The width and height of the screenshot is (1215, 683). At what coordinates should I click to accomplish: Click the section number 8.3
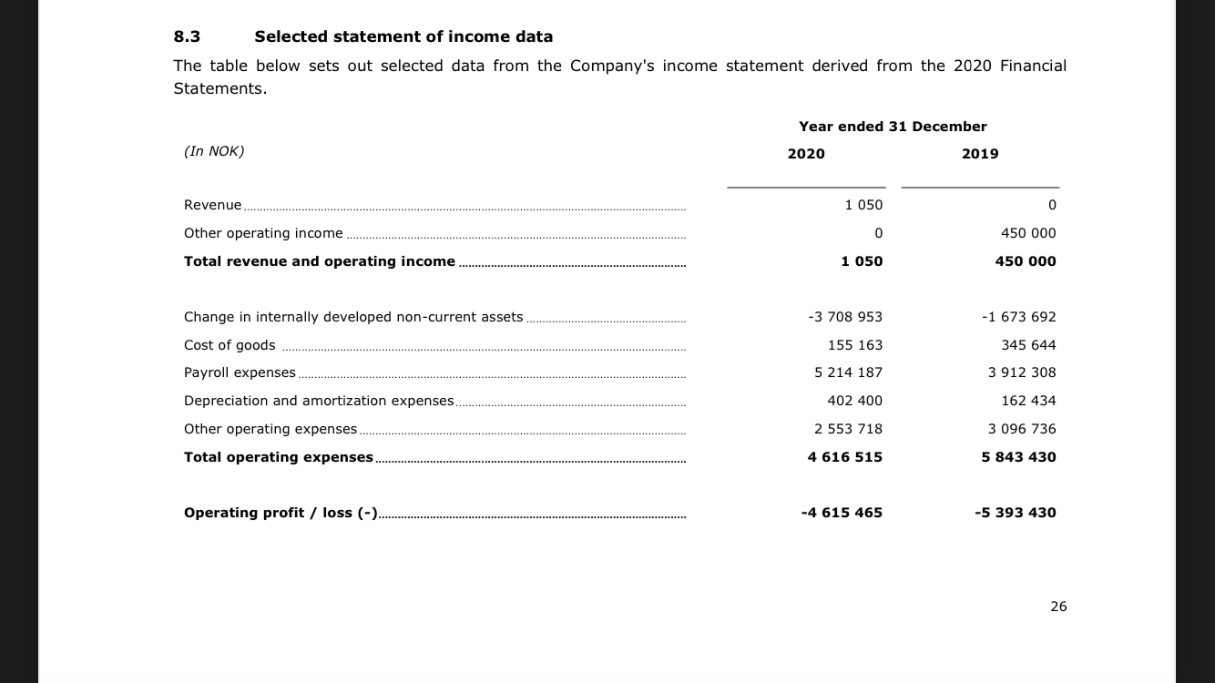click(187, 37)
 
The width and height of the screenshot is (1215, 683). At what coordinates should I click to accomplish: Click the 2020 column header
click(806, 154)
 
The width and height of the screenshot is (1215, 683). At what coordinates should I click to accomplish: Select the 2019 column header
click(980, 154)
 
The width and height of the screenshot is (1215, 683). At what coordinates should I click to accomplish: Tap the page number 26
click(1057, 607)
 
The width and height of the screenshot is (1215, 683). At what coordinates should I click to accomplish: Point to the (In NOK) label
click(214, 151)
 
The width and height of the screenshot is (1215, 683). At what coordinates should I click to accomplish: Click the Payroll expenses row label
click(240, 372)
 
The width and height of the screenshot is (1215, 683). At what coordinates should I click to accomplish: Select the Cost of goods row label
click(230, 345)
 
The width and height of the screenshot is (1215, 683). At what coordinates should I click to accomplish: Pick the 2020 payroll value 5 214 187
click(848, 372)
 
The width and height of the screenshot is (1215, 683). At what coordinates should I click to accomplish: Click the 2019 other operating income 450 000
click(1028, 233)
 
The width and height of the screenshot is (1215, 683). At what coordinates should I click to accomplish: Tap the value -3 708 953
click(845, 317)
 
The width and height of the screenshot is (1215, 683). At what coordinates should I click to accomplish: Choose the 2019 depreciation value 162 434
click(1028, 401)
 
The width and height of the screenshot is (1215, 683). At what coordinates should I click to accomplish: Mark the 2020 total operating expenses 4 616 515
click(845, 457)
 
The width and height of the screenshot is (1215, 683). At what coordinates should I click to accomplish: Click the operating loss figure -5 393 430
click(1016, 513)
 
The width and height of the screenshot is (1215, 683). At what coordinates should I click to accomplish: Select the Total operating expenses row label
click(279, 457)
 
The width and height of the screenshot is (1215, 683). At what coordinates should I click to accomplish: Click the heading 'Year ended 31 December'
click(893, 127)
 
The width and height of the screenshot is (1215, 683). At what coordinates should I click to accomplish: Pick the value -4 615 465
click(842, 513)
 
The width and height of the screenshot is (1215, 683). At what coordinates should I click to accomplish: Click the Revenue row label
click(213, 205)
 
